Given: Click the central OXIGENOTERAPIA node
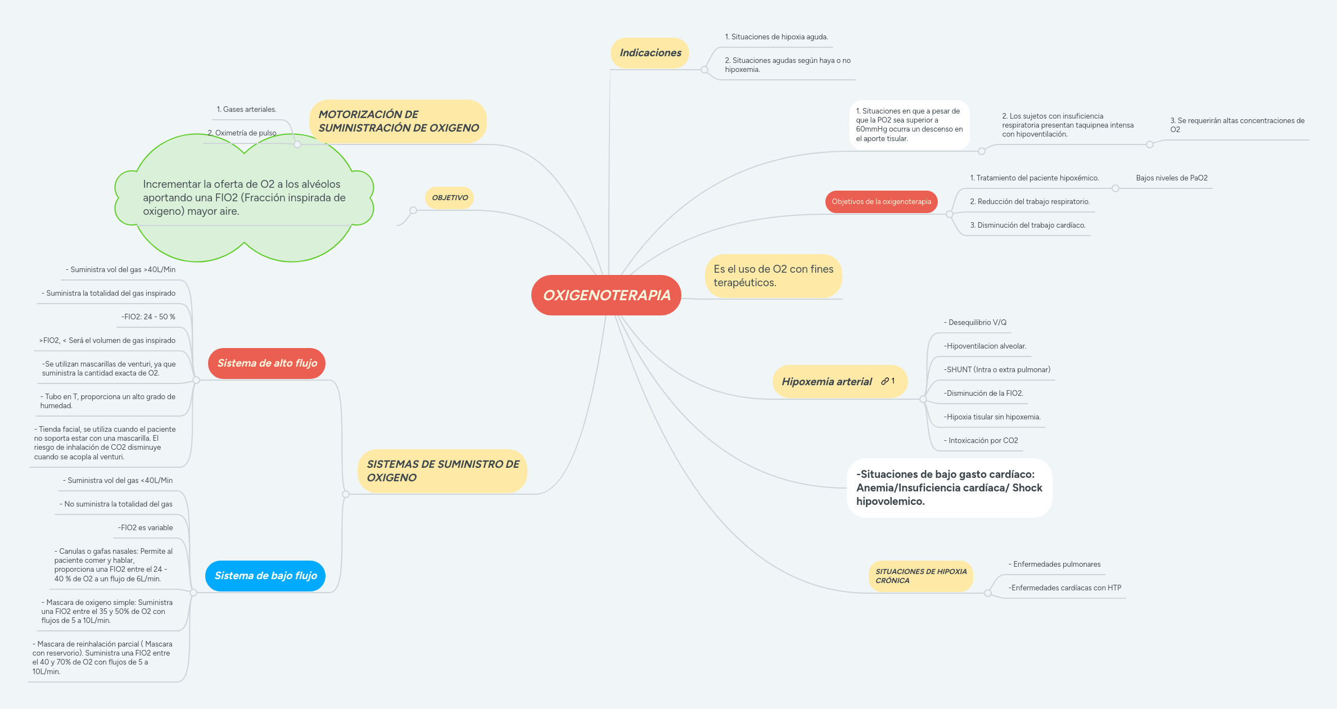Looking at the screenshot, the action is point(606,295).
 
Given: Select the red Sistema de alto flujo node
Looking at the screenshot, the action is point(267,363).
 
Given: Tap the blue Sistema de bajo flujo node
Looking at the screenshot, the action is point(265,576).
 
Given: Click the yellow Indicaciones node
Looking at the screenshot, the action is point(650,53).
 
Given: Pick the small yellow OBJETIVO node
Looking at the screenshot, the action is point(450,198).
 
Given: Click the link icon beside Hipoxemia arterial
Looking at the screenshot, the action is point(885,381).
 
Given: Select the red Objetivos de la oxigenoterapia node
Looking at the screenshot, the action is point(882,202).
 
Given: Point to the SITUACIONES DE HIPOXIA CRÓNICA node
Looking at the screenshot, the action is point(921,576).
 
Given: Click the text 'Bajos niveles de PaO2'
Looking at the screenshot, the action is point(1172,178).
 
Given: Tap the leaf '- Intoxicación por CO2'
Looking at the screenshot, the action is point(981,441).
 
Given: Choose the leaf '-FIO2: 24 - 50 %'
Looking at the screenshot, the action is point(148,317).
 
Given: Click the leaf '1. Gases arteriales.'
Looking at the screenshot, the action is point(247,110).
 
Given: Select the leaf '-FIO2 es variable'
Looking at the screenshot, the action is point(146,528).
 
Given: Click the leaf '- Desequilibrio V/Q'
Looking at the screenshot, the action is point(975,323).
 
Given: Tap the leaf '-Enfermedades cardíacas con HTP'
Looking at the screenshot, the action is point(1065,588).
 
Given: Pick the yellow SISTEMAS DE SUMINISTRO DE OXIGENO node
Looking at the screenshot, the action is point(442,471).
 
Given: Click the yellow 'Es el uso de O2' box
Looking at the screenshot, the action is point(774,276).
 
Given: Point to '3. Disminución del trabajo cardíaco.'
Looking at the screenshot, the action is point(1028,225).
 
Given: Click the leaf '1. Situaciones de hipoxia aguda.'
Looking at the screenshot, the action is point(776,37).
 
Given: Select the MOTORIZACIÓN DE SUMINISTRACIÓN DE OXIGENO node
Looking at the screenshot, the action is point(398,121).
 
